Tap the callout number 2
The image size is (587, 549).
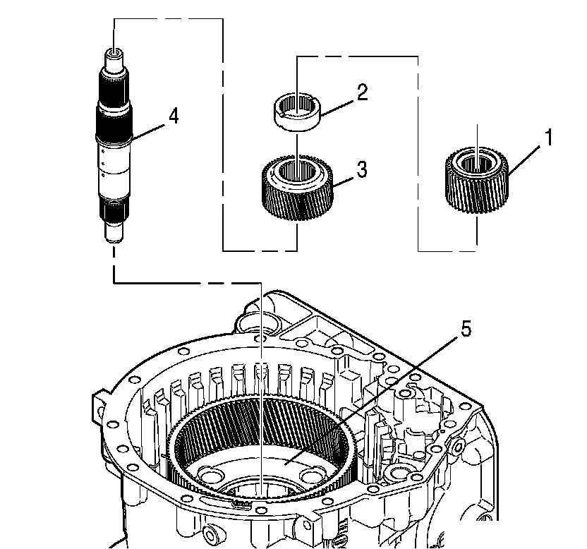tap(362, 93)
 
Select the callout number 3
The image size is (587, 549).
tap(361, 169)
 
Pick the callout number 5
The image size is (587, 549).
tap(466, 330)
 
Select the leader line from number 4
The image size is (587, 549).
tap(148, 127)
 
